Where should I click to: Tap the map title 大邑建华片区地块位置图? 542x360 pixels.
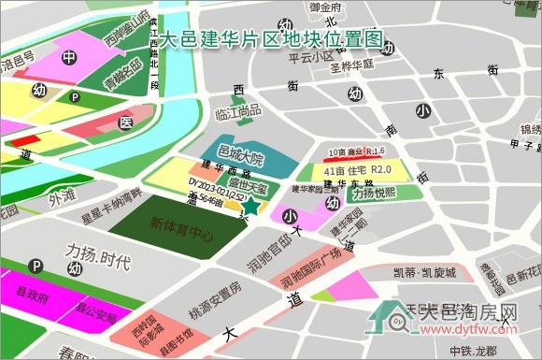click(272, 40)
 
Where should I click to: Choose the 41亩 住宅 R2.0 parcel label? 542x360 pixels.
click(355, 170)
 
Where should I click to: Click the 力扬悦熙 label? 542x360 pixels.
click(372, 194)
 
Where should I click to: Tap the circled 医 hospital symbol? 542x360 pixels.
click(126, 122)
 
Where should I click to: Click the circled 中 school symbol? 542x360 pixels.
click(69, 58)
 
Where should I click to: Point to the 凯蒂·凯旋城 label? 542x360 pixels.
click(426, 273)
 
